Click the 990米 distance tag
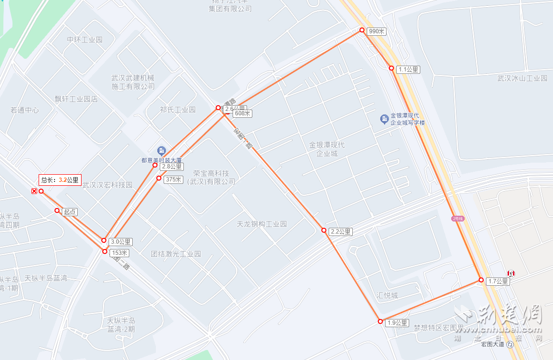click(x=376, y=31)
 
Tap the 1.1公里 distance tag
click(x=408, y=69)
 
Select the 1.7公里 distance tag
click(x=498, y=281)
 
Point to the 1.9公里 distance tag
click(x=397, y=323)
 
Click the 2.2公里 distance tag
click(x=341, y=232)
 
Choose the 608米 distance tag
click(x=242, y=114)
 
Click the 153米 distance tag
click(x=120, y=253)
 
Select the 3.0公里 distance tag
click(x=121, y=242)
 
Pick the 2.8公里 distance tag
click(x=172, y=166)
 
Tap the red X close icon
click(x=34, y=192)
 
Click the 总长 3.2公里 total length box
click(x=60, y=180)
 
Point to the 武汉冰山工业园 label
click(x=522, y=78)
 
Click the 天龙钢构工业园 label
click(x=262, y=224)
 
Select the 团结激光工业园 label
click(x=176, y=254)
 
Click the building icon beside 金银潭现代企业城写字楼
click(x=384, y=119)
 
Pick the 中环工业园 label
click(x=85, y=40)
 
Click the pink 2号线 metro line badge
click(x=457, y=219)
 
